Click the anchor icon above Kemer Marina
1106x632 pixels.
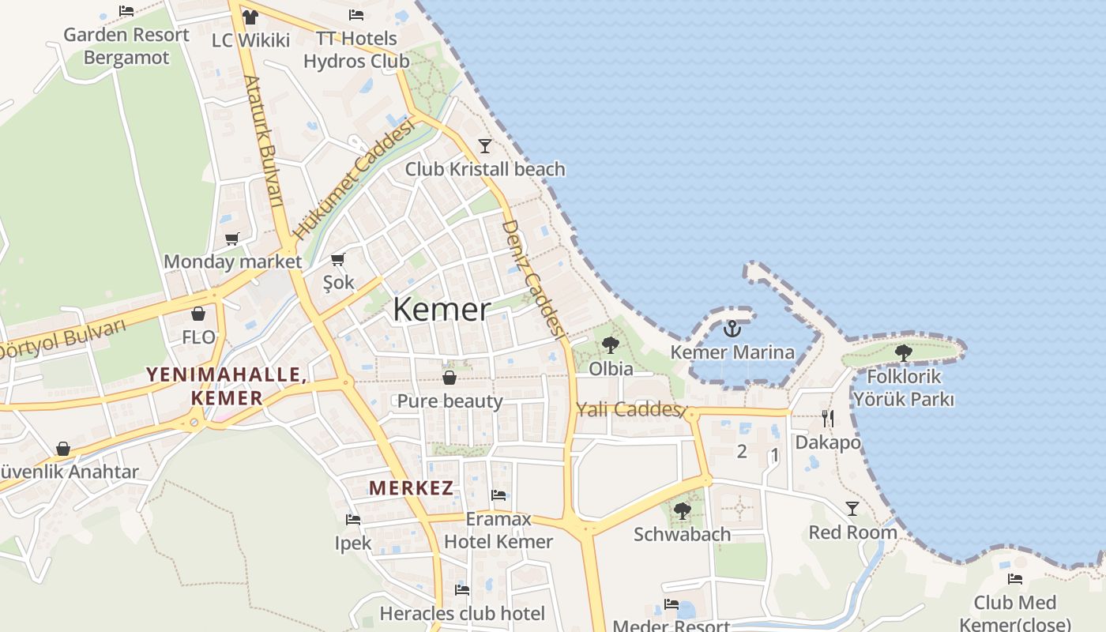click(732, 328)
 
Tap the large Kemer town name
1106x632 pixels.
click(442, 309)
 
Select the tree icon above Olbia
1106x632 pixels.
click(610, 344)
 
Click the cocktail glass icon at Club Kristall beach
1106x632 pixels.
click(485, 145)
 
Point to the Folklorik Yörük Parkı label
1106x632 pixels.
click(903, 388)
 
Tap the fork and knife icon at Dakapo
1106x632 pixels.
click(827, 419)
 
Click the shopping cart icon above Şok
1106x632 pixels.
click(338, 258)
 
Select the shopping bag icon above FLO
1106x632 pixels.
click(197, 314)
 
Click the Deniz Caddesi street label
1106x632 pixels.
click(532, 278)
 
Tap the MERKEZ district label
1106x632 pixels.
click(412, 487)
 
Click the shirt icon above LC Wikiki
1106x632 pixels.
click(250, 17)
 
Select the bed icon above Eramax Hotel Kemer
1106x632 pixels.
click(498, 495)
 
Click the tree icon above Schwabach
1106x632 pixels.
click(682, 511)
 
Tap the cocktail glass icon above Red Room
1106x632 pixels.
click(852, 508)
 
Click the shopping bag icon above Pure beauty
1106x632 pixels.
click(450, 378)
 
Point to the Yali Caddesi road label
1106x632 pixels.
click(629, 409)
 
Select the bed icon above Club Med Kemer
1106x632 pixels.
click(1015, 579)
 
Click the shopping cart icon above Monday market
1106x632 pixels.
click(231, 238)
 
